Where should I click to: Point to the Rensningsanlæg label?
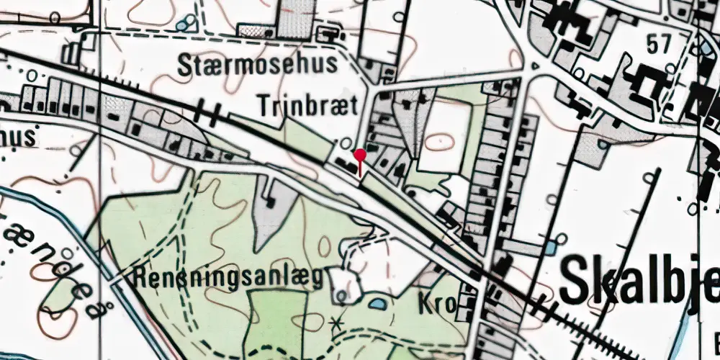pos(229,277)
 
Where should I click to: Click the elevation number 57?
pos(658,44)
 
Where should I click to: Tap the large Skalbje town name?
pos(638,279)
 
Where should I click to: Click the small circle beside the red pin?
pos(346,143)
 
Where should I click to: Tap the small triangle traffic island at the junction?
pos(534,66)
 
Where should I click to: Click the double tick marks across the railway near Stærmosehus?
pos(208,110)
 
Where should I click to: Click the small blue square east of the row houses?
pos(550,247)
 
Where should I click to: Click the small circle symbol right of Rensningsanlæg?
pos(341,295)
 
